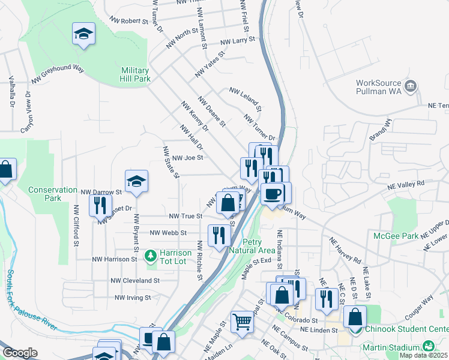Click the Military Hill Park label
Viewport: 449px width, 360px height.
pos(134,74)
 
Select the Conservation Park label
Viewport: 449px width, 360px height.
pos(53,194)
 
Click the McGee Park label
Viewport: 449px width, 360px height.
pos(396,236)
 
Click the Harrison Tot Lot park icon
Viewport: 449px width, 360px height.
pos(151,257)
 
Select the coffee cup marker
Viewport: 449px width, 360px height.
pos(273,194)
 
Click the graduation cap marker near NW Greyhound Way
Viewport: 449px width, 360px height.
pos(84,34)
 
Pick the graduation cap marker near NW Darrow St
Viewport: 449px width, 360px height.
pos(137,181)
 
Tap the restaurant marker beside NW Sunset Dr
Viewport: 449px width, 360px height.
pos(100,205)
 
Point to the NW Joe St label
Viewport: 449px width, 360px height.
pos(188,158)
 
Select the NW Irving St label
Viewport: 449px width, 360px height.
pos(133,297)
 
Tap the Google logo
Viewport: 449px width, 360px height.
pos(20,353)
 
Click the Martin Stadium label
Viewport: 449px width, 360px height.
pos(390,347)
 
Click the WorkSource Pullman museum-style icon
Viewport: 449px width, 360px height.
pos(411,86)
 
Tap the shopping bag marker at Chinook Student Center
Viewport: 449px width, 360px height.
pos(355,316)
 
